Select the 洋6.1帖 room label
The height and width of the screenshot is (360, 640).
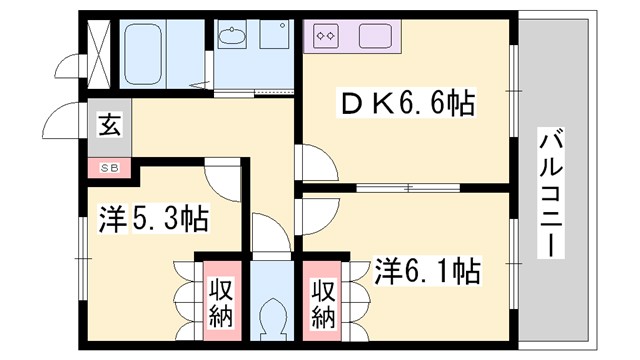(427, 270)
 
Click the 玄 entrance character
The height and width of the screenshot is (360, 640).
(107, 126)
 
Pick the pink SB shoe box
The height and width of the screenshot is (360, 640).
(108, 167)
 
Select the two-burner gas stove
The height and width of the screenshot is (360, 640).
(325, 37)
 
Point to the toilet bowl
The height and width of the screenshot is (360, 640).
(271, 320)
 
